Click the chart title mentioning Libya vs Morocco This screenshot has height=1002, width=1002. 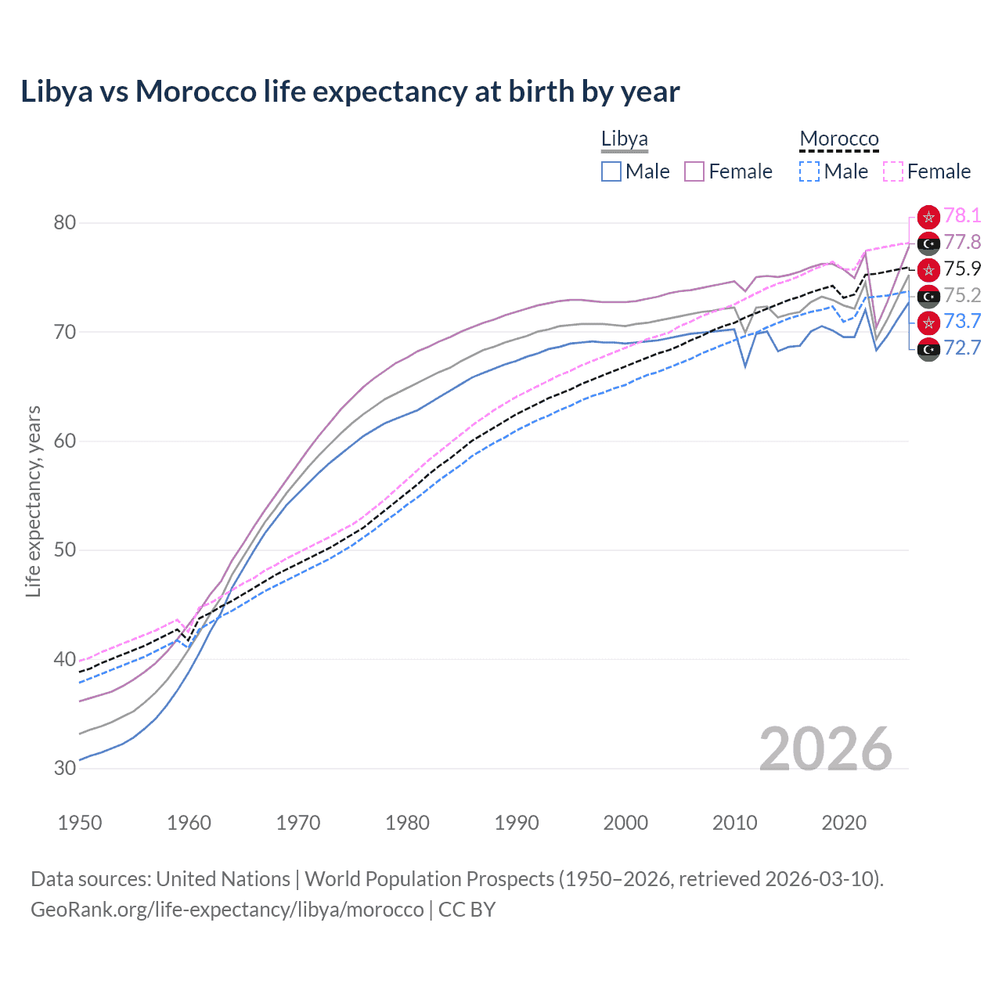350,92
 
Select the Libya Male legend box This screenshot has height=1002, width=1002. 611,171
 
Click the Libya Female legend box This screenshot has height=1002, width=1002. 694,171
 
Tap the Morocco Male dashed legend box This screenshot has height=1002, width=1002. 809,171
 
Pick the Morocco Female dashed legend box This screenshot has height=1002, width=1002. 893,171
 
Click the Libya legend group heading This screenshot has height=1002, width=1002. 624,139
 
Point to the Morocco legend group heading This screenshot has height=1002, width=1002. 838,139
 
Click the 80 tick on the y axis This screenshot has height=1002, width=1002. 65,223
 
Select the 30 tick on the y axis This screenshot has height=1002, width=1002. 65,768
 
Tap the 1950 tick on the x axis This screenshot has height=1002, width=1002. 80,823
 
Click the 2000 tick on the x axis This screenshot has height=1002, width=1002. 625,823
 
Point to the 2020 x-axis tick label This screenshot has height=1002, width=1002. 844,823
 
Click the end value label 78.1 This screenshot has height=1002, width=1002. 962,215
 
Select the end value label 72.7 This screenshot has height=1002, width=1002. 962,348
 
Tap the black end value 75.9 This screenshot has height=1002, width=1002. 962,269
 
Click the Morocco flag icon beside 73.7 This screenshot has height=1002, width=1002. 928,322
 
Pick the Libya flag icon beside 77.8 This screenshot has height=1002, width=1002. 928,243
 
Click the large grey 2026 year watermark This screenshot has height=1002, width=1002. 826,749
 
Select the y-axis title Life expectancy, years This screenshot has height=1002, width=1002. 34,501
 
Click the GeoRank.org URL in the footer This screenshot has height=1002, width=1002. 227,910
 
